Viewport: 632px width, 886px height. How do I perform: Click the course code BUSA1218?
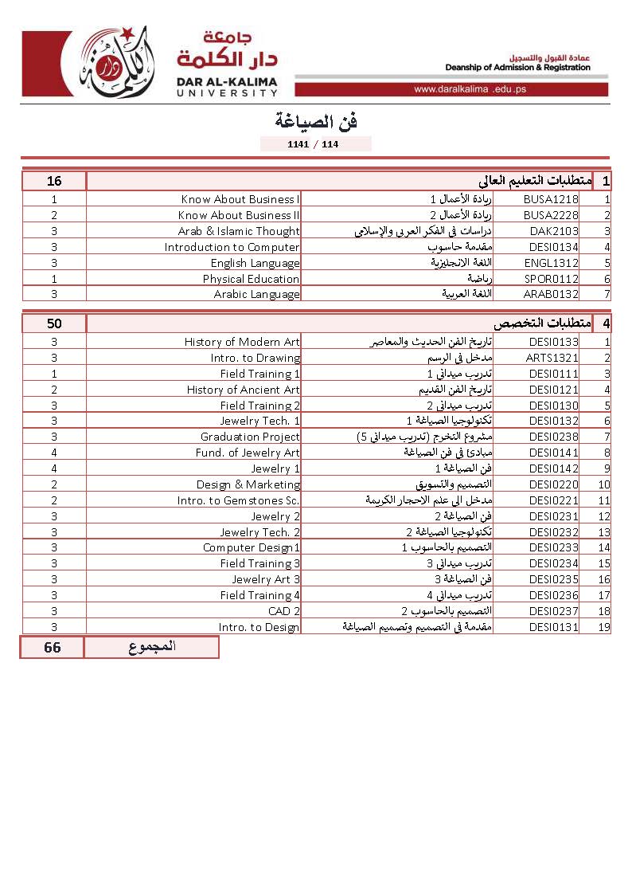coord(551,199)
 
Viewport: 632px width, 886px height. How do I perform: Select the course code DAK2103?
coord(554,231)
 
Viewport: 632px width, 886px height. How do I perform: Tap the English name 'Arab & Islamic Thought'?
coord(239,231)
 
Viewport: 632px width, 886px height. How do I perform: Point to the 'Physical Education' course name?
coord(251,279)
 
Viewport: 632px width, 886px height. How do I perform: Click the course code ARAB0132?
coord(551,294)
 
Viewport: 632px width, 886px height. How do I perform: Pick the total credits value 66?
coord(53,647)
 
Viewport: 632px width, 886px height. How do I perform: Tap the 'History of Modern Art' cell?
coord(242,342)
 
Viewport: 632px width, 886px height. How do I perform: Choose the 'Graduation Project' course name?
coord(250,437)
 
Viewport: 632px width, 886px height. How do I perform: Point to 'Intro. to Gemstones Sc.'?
coord(239,500)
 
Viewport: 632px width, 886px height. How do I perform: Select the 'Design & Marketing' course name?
coord(248,484)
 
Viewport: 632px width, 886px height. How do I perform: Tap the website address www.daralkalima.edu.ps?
coord(470,89)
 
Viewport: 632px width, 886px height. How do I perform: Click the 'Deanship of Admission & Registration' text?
coord(517,68)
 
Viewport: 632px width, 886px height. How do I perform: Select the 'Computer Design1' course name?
coord(252,547)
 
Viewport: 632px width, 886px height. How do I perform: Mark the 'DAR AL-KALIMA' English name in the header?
coord(228,80)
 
